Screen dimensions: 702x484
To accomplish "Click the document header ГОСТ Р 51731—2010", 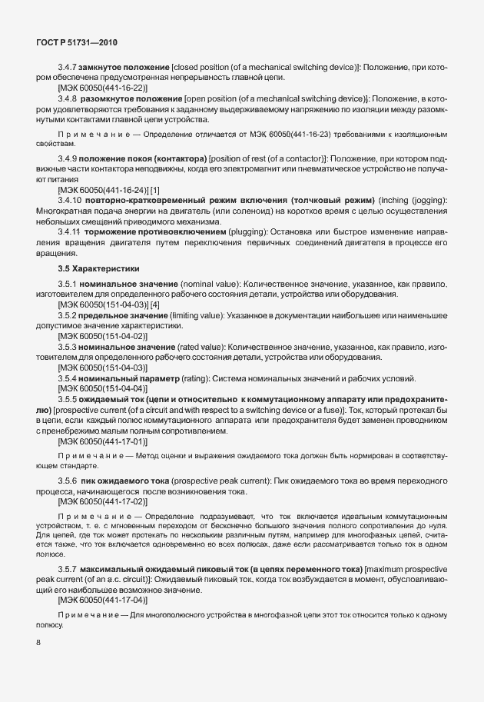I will click(76, 43).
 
